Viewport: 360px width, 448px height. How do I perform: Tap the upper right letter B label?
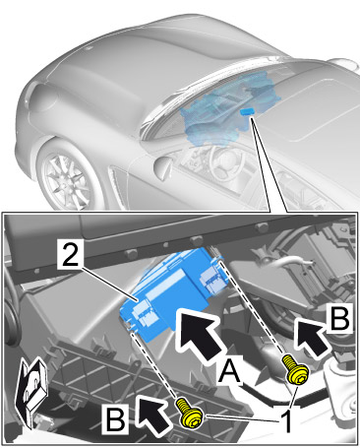pyautogui.click(x=340, y=316)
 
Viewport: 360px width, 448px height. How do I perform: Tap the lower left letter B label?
pyautogui.click(x=115, y=417)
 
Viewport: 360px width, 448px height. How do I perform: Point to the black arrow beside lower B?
pyautogui.click(x=153, y=413)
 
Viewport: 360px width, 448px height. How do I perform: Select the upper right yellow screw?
pyautogui.click(x=296, y=370)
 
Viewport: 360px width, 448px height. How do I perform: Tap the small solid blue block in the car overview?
pyautogui.click(x=248, y=111)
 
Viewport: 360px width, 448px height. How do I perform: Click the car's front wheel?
pyautogui.click(x=67, y=176)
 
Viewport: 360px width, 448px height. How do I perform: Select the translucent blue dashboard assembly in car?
pyautogui.click(x=230, y=108)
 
